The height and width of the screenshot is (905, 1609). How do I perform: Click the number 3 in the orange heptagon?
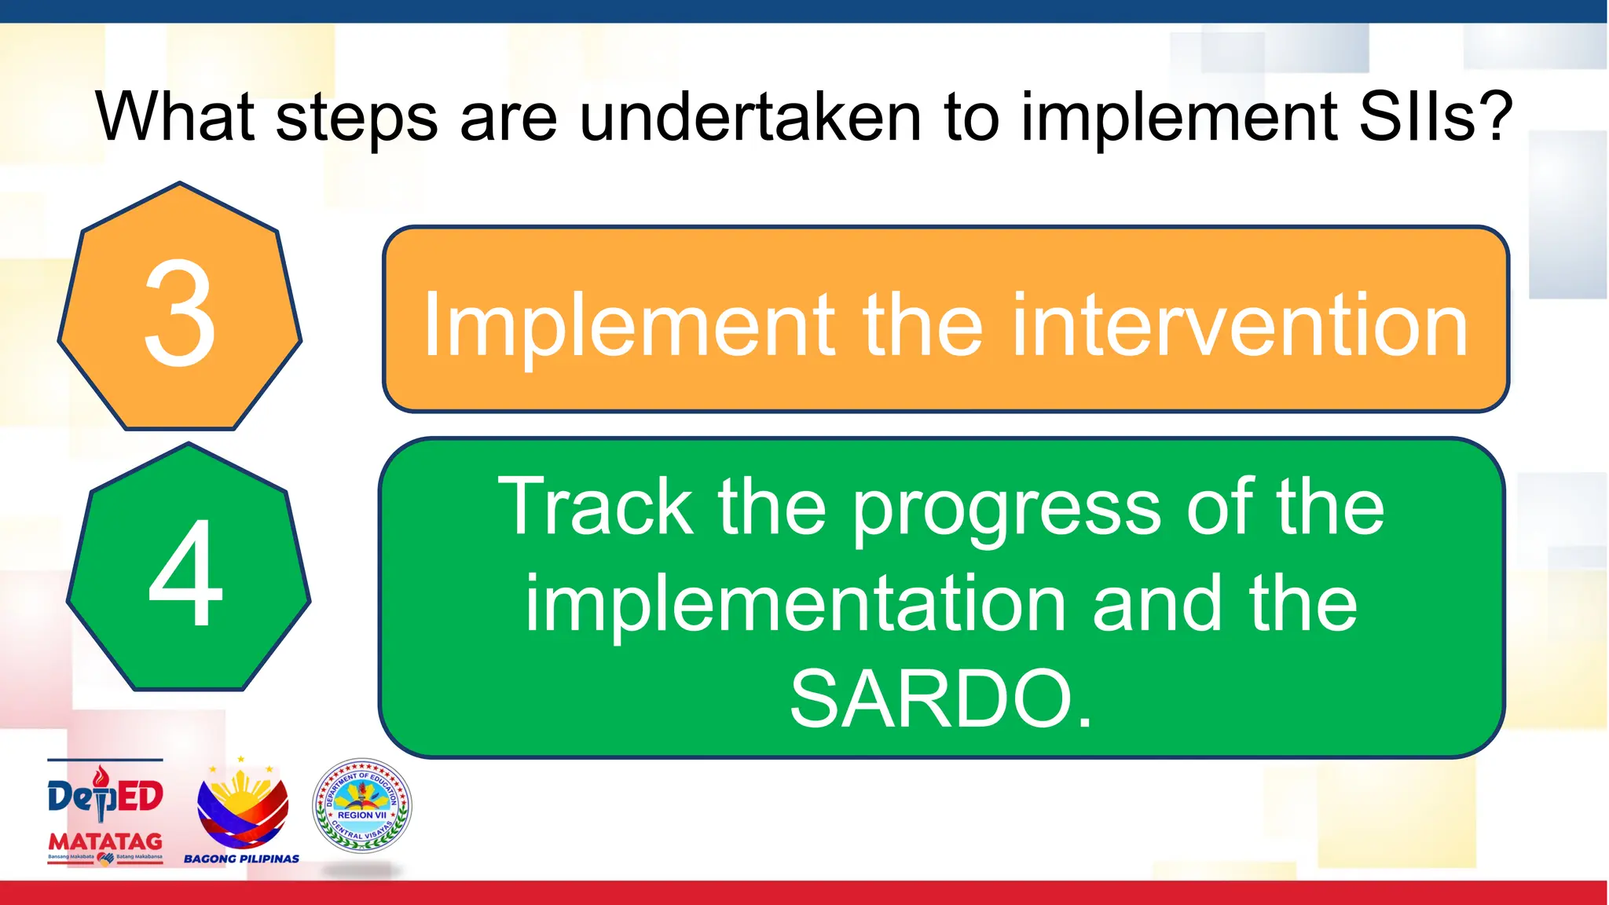pyautogui.click(x=180, y=314)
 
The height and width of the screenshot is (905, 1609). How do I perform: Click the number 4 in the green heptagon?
pyautogui.click(x=186, y=573)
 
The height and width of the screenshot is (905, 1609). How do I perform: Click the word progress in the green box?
pyautogui.click(x=1006, y=511)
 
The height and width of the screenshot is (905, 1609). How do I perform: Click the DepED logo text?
pyautogui.click(x=105, y=796)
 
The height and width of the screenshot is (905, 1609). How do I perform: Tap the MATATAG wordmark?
pyautogui.click(x=105, y=841)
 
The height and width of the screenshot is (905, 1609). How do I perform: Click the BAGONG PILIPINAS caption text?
pyautogui.click(x=241, y=859)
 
